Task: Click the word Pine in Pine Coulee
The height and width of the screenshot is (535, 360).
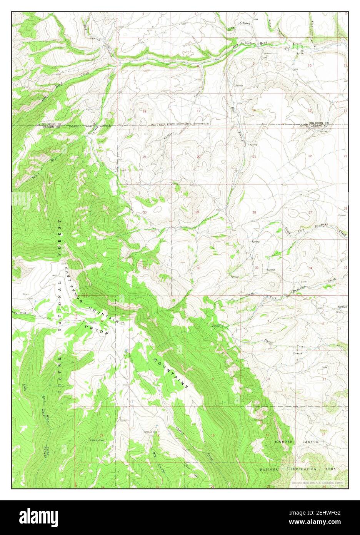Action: pyautogui.click(x=231, y=28)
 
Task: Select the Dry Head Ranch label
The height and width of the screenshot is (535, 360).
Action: pyautogui.click(x=248, y=44)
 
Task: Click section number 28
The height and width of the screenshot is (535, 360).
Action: pyautogui.click(x=254, y=212)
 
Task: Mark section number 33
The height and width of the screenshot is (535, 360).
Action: pyautogui.click(x=256, y=267)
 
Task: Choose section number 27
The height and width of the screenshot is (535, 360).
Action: pyautogui.click(x=310, y=212)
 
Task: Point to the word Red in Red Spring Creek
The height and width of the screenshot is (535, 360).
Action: pyautogui.click(x=85, y=26)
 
